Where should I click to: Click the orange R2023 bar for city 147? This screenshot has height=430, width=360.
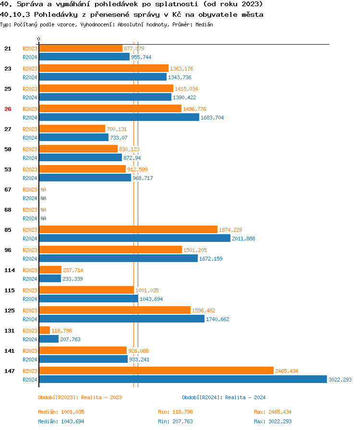pyautogui.click(x=156, y=371)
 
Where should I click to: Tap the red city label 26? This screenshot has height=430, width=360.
pyautogui.click(x=8, y=109)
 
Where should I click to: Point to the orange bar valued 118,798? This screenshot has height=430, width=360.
pyautogui.click(x=44, y=331)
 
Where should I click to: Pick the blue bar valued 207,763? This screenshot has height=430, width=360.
pyautogui.click(x=48, y=339)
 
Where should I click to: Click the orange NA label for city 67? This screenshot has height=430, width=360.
pyautogui.click(x=43, y=190)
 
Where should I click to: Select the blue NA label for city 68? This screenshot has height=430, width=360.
pyautogui.click(x=43, y=218)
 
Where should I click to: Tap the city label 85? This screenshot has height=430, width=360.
pyautogui.click(x=8, y=230)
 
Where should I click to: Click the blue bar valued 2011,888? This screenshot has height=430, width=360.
pyautogui.click(x=134, y=239)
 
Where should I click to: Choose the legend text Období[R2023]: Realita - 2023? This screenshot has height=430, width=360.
pyautogui.click(x=80, y=397)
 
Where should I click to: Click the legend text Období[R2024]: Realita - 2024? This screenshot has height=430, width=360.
pyautogui.click(x=224, y=397)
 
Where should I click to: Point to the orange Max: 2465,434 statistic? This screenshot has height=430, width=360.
pyautogui.click(x=273, y=412)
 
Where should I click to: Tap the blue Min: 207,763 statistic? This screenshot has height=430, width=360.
pyautogui.click(x=175, y=421)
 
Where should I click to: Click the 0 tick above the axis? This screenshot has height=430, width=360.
pyautogui.click(x=39, y=39)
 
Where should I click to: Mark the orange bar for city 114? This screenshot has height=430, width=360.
pyautogui.click(x=50, y=270)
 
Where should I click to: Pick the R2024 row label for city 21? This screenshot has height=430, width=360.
pyautogui.click(x=30, y=57)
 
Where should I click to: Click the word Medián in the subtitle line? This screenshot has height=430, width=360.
pyautogui.click(x=204, y=24)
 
